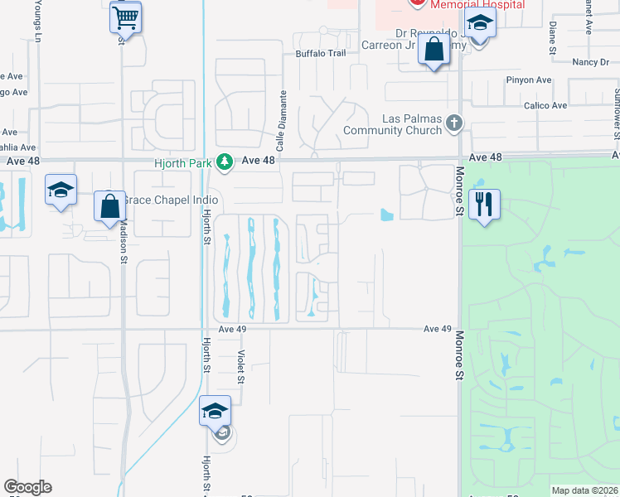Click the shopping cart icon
click(x=125, y=17)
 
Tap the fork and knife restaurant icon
click(x=485, y=203)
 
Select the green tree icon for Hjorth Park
click(x=223, y=162)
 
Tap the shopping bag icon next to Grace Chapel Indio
click(x=110, y=205)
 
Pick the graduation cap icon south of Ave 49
click(x=215, y=410)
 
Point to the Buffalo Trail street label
click(x=320, y=54)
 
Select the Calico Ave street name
click(x=545, y=105)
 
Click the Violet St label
click(x=241, y=365)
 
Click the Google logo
click(x=27, y=487)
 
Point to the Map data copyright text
click(x=584, y=490)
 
